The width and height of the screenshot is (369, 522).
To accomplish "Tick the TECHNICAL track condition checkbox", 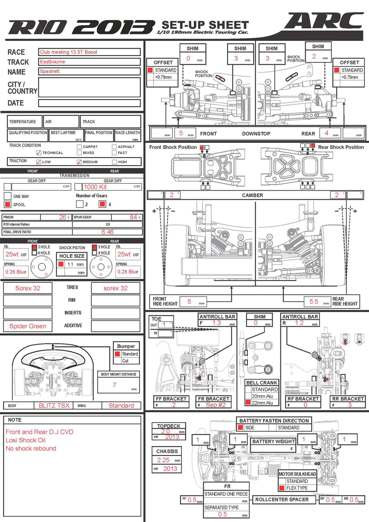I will (x=39, y=153).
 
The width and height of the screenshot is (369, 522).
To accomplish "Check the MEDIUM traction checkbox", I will (x=79, y=162).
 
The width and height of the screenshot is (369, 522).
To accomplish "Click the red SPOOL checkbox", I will (x=7, y=205).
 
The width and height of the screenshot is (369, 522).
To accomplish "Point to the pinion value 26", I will (x=63, y=217).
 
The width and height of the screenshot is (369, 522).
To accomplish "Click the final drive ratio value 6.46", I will (x=108, y=232).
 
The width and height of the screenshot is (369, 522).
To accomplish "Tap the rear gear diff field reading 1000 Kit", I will (x=95, y=187).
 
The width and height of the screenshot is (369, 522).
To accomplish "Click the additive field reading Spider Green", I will (x=28, y=326).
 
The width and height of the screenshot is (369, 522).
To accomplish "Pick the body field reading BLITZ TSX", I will (x=54, y=406).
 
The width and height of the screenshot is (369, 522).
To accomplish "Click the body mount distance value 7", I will (x=114, y=385).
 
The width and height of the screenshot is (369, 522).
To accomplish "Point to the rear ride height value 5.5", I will (x=314, y=301).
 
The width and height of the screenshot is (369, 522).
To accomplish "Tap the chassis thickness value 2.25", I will (x=163, y=460).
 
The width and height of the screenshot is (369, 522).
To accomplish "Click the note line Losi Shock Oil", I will (x=26, y=440).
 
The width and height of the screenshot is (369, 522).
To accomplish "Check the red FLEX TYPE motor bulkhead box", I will (x=282, y=488).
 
